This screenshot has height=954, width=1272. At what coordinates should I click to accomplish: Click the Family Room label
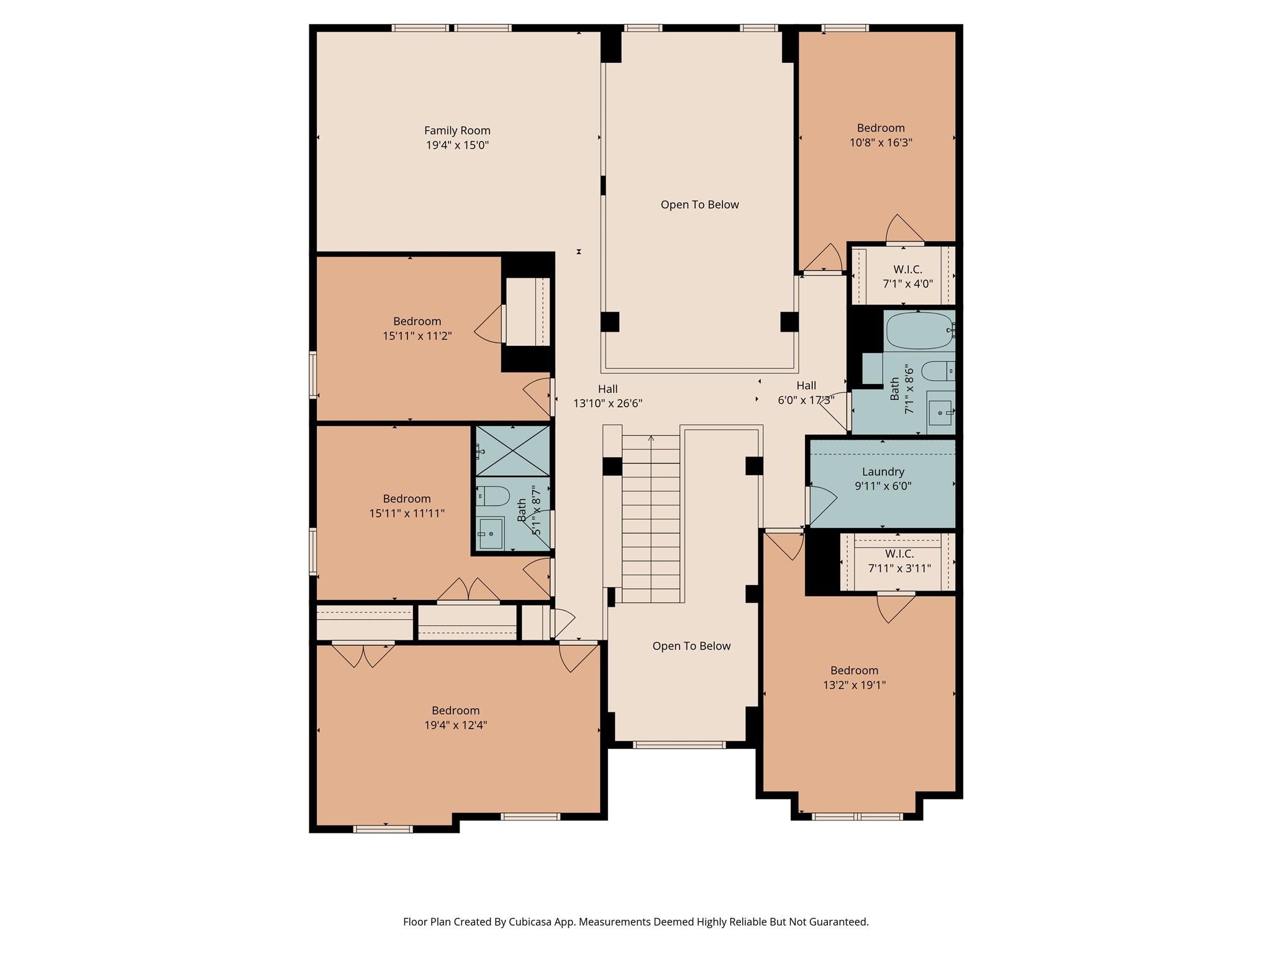pyautogui.click(x=457, y=130)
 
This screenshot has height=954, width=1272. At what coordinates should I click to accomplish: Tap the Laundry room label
pyautogui.click(x=883, y=472)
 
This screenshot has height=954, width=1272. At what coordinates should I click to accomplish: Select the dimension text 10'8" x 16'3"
pyautogui.click(x=881, y=142)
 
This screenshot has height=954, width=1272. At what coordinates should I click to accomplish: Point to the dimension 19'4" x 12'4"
pyautogui.click(x=455, y=725)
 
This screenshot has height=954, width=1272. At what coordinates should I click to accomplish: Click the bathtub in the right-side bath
pyautogui.click(x=919, y=331)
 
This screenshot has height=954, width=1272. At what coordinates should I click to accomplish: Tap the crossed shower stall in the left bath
pyautogui.click(x=512, y=451)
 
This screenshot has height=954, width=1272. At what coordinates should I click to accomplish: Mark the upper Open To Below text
pyautogui.click(x=699, y=205)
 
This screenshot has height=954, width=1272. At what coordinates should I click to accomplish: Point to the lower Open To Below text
pyautogui.click(x=691, y=646)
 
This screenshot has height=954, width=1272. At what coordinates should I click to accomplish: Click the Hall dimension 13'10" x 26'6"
pyautogui.click(x=607, y=403)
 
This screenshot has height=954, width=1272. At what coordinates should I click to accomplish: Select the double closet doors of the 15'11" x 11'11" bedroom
pyautogui.click(x=468, y=589)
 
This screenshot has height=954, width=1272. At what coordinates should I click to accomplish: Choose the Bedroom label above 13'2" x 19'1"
pyautogui.click(x=854, y=670)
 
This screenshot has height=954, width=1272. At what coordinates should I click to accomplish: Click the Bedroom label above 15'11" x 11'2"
pyautogui.click(x=417, y=321)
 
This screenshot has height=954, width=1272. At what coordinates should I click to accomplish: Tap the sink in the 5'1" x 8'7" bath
pyautogui.click(x=491, y=533)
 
